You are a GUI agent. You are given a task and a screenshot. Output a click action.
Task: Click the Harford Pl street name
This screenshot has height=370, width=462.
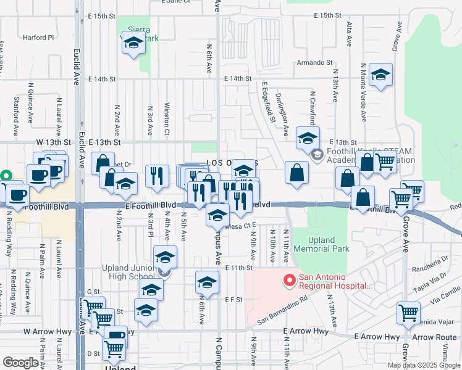pos(38,37)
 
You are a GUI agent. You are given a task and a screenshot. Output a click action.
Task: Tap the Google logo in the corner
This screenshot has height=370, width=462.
pos(20,363)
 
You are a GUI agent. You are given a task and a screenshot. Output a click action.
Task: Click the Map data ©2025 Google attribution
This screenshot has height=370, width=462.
pos(423,365)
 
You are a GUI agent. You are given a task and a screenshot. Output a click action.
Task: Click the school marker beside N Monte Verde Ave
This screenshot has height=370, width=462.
pos(380,76)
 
